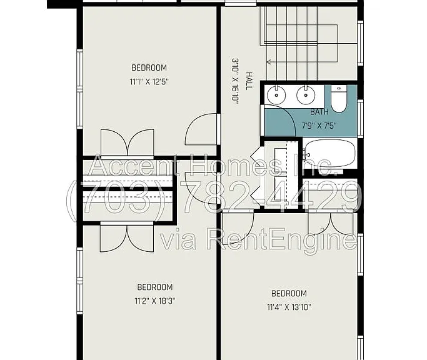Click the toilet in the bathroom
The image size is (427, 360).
click(x=338, y=99)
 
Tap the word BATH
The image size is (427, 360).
click(x=319, y=112)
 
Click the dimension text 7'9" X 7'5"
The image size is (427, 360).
click(x=319, y=126)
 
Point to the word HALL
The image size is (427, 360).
click(x=249, y=81)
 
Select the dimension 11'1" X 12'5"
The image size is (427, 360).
click(x=149, y=82)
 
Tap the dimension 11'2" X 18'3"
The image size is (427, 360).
click(x=154, y=301)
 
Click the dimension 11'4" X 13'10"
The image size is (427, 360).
click(x=289, y=307)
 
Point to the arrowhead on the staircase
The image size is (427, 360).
click(x=268, y=62)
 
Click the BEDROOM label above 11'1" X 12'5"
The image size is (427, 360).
click(x=149, y=67)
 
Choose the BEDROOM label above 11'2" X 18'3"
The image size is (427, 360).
click(x=154, y=287)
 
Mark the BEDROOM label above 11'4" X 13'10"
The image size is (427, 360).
click(x=289, y=294)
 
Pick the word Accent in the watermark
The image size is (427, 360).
click(x=134, y=166)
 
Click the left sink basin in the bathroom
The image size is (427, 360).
click(x=276, y=95)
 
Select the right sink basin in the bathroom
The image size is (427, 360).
click(x=306, y=95)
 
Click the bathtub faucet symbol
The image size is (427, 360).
click(x=307, y=155)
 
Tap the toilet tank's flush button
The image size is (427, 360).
click(x=339, y=88)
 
